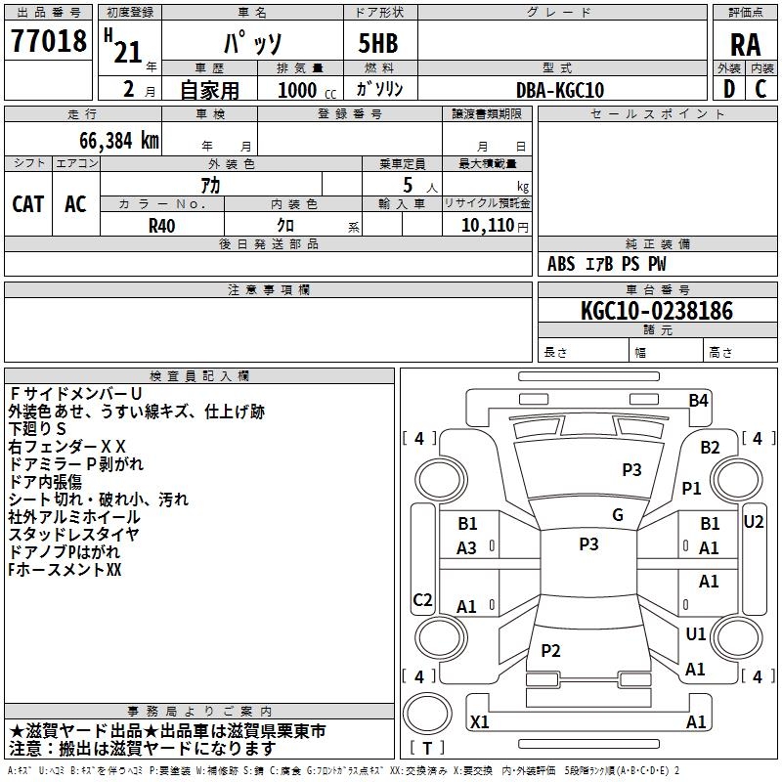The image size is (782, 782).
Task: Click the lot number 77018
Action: [x=48, y=40]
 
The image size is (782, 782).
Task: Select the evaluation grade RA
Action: [x=745, y=44]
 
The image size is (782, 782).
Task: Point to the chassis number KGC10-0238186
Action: [x=656, y=311]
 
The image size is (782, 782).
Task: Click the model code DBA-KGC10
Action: [x=560, y=90]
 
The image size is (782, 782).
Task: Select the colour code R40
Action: [x=161, y=225]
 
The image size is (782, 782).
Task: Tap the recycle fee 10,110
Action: [x=485, y=225]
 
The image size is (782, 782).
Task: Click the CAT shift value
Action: [x=28, y=203]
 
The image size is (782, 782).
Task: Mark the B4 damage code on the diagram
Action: [x=698, y=400]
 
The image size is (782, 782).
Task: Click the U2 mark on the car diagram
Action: [x=753, y=521]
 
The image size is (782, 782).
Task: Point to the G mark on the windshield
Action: [x=618, y=515]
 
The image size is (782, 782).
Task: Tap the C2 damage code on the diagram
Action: [x=423, y=599]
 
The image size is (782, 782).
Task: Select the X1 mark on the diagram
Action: [x=480, y=721]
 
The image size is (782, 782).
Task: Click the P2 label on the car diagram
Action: [x=550, y=650]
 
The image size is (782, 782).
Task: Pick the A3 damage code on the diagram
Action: [x=467, y=548]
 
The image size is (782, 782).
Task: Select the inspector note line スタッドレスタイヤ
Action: [x=74, y=534]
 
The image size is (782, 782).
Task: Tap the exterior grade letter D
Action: [x=728, y=90]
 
